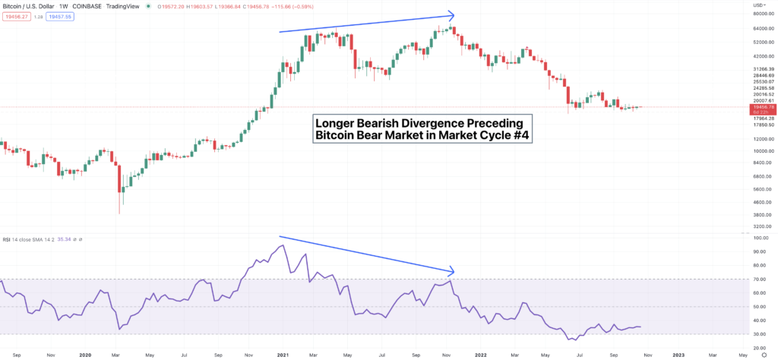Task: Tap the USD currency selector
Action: pos(757,5)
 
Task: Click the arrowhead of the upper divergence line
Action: pos(452,14)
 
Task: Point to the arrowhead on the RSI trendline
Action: pos(452,271)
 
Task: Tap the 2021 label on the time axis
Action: pos(283,354)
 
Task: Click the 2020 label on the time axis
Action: pos(85,354)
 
